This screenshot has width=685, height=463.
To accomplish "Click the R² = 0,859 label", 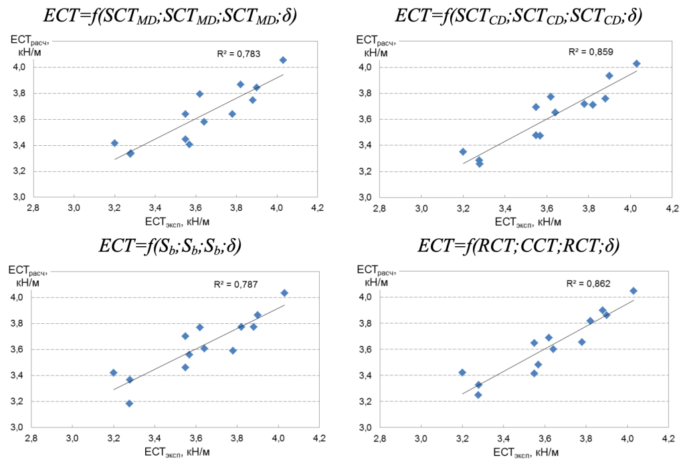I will (591, 52).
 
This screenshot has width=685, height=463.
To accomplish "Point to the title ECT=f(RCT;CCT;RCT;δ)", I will (518, 246).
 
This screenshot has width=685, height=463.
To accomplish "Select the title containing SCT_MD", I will (170, 15).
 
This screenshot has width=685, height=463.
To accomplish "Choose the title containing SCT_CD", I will (518, 15).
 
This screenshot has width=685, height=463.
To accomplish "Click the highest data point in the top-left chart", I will (283, 60).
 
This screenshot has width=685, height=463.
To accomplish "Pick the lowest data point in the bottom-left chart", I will (129, 403).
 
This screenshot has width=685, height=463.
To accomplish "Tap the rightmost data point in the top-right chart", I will (636, 64).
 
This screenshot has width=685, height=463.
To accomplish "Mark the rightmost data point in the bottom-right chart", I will (633, 291).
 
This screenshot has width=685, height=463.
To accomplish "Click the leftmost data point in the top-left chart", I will (114, 143).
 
